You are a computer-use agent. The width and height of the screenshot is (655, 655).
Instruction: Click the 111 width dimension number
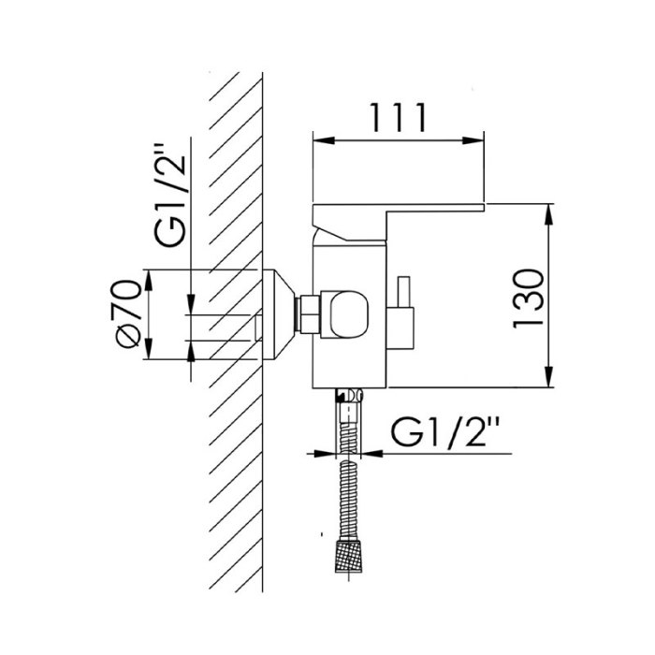pyautogui.click(x=398, y=117)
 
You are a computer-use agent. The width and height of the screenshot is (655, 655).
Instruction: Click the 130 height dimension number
pyautogui.click(x=529, y=298)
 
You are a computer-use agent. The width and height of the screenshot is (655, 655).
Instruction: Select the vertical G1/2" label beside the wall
pyautogui.click(x=169, y=195)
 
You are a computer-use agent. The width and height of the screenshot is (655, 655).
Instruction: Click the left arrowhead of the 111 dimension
pyautogui.click(x=324, y=140)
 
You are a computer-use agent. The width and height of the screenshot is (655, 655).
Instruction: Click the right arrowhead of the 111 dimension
pyautogui.click(x=473, y=140)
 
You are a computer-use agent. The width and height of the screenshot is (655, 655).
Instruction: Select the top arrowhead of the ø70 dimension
pyautogui.click(x=148, y=281)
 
